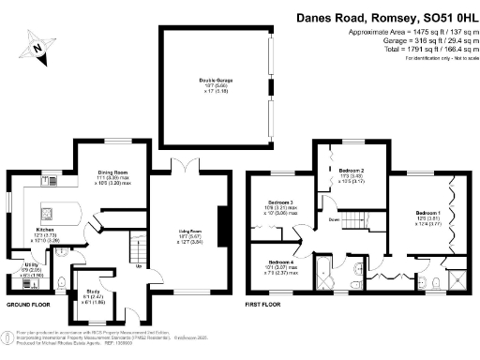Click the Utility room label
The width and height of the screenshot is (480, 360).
pyautogui.click(x=17, y=266)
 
